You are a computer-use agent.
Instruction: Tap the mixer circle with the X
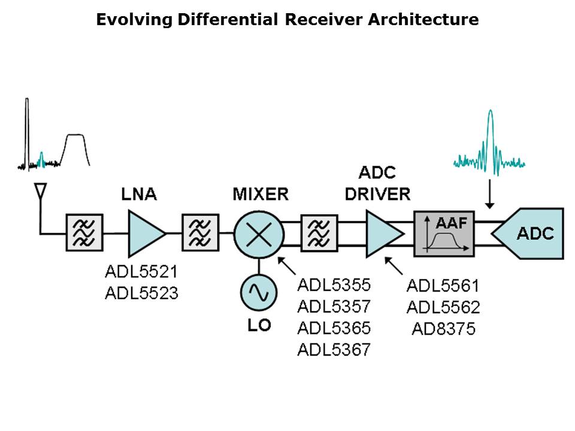(258, 233)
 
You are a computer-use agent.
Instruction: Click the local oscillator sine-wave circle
(258, 292)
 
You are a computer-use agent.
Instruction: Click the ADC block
(530, 233)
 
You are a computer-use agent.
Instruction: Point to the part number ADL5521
(141, 272)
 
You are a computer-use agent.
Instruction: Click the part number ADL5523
(141, 294)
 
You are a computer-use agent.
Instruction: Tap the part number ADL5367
(334, 349)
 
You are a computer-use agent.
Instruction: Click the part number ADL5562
(443, 307)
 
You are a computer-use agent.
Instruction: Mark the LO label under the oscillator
(259, 325)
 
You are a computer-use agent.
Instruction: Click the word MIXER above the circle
(261, 194)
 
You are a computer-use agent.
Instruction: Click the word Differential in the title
(228, 20)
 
